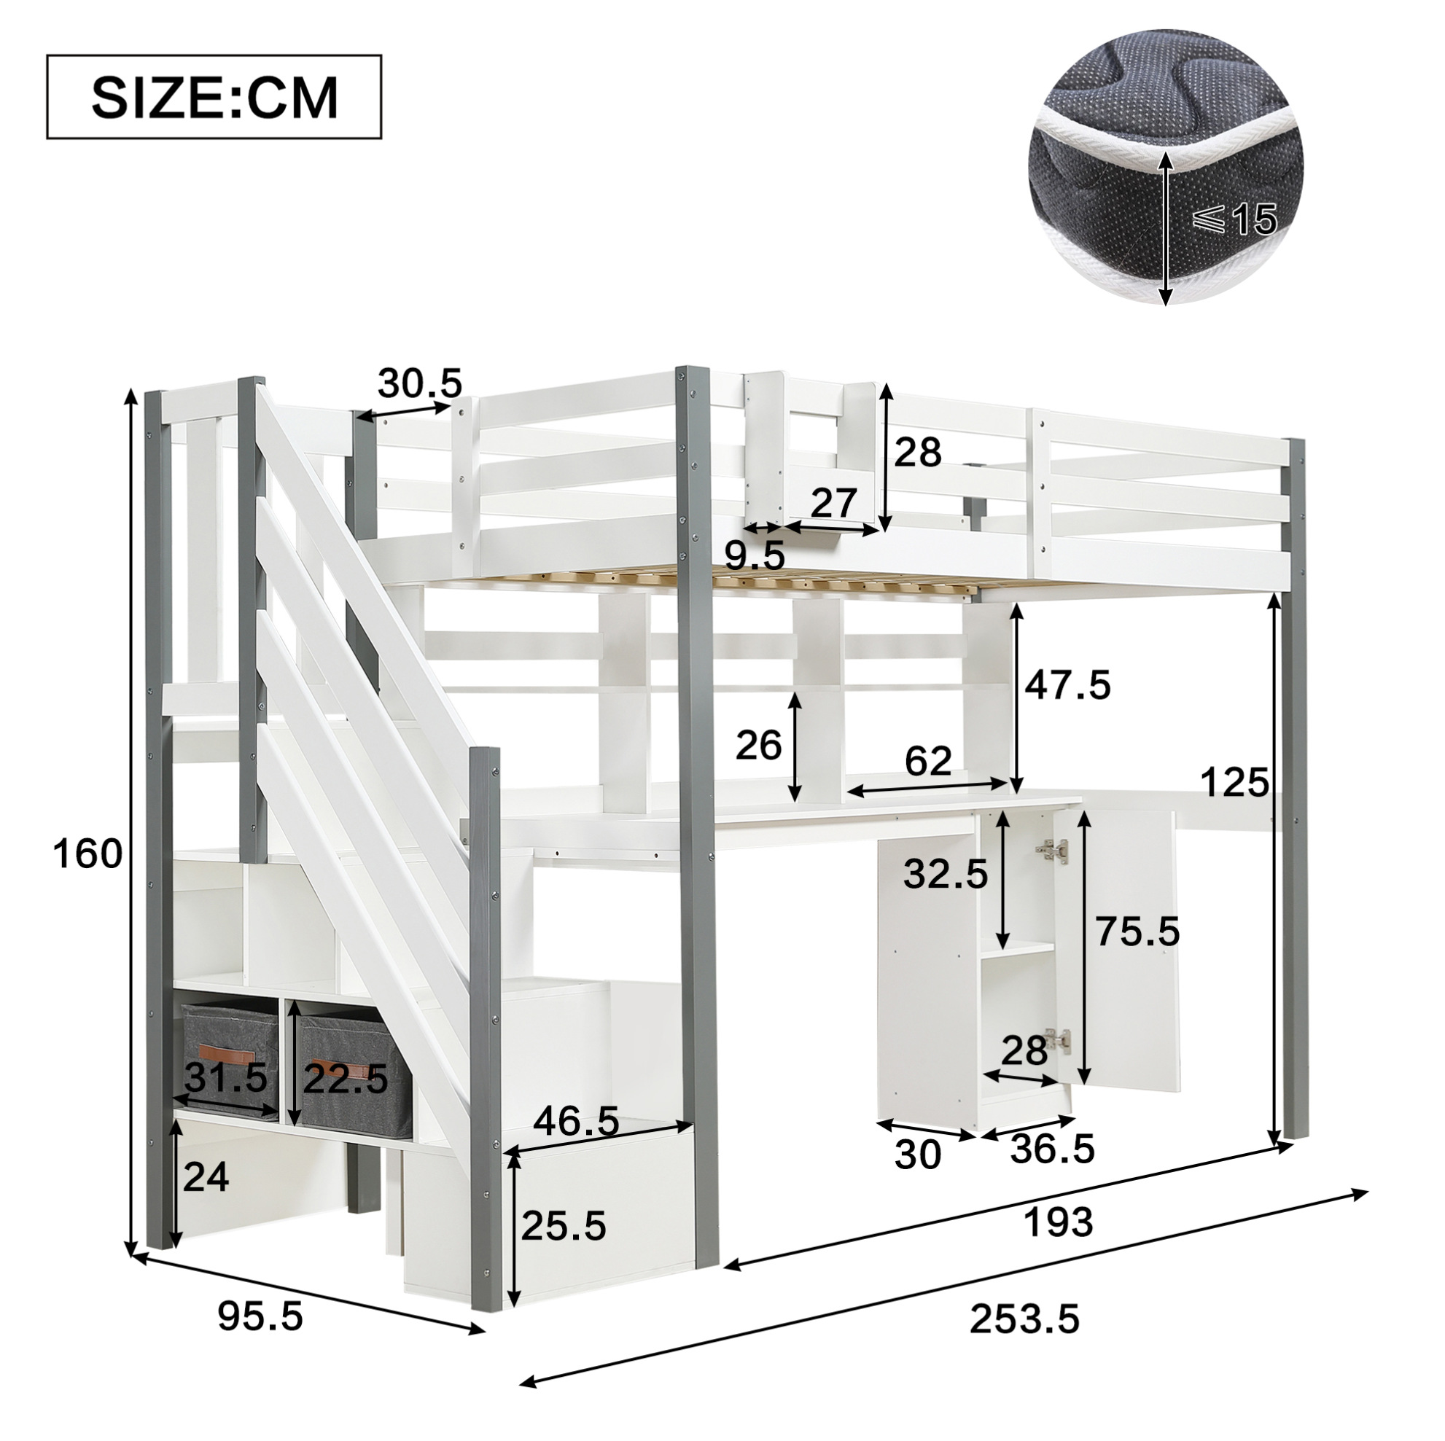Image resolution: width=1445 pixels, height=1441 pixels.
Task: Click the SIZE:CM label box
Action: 214,96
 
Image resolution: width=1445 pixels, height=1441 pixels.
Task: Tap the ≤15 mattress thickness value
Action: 1232,220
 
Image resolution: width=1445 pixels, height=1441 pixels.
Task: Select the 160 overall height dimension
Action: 87,854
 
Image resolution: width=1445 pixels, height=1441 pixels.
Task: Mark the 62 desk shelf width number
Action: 928,762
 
